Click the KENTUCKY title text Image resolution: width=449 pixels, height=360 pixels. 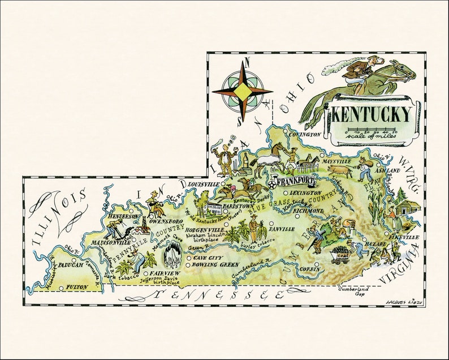point(371,114)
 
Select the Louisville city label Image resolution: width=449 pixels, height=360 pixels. point(203,185)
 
